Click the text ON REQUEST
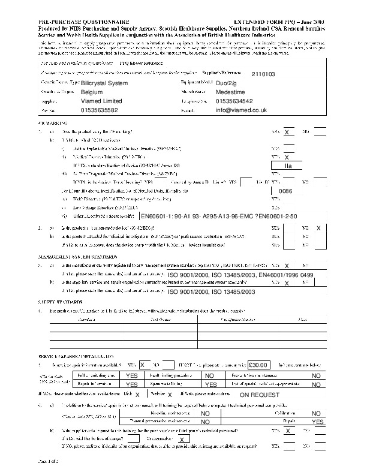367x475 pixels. (260, 395)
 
